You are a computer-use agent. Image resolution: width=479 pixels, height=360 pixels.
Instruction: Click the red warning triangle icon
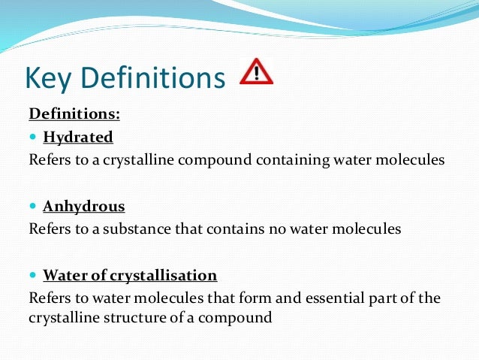256,72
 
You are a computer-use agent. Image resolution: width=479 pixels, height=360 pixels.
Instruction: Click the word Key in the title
50,78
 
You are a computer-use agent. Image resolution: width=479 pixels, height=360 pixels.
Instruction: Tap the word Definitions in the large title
153,78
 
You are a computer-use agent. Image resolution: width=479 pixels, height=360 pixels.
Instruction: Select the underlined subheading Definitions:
74,114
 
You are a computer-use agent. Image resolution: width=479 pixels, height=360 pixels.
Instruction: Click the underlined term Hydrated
78,138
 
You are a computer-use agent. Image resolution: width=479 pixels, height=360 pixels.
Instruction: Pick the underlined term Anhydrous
84,206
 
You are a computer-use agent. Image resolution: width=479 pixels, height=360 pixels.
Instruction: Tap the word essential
320,298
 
